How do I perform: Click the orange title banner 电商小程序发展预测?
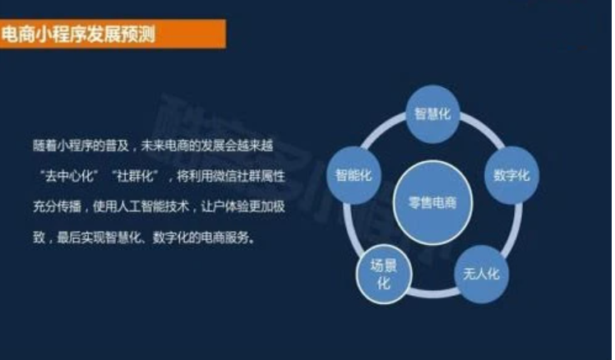click(x=113, y=35)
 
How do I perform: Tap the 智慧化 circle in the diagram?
click(x=432, y=114)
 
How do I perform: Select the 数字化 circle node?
click(x=511, y=175)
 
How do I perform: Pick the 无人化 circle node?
click(x=481, y=274)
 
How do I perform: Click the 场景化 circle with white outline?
click(x=384, y=274)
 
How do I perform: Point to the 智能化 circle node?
click(x=354, y=175)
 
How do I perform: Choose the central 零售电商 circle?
click(x=432, y=203)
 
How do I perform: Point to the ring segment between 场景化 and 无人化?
click(x=433, y=293)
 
